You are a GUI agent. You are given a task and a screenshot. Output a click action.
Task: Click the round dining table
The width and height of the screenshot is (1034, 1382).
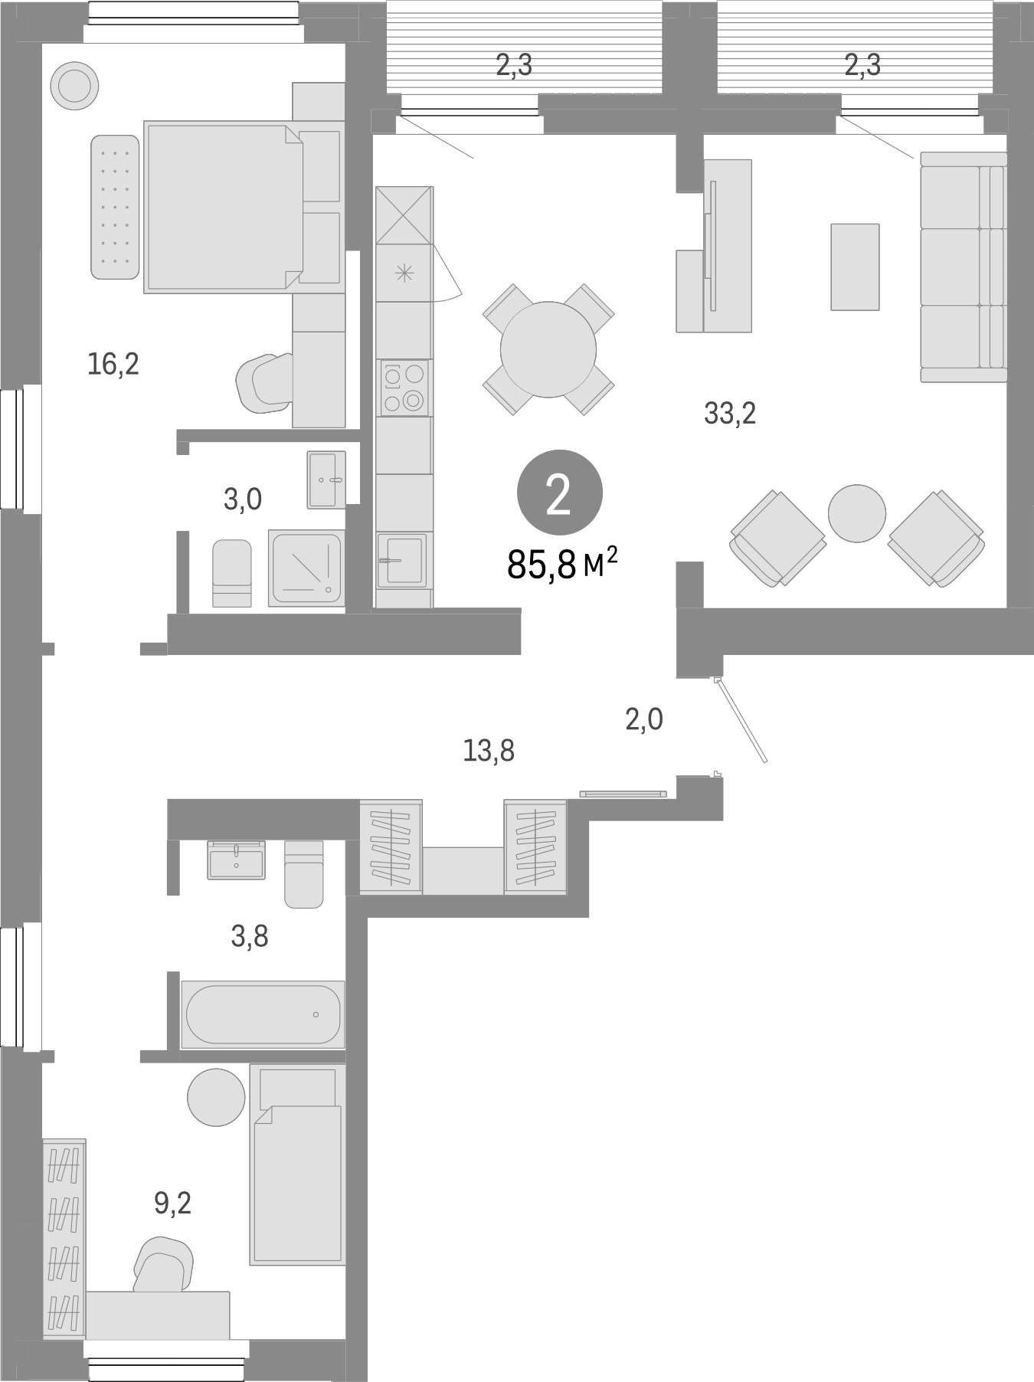548,349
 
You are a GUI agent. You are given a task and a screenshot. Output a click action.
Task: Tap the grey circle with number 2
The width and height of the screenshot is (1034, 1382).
560,494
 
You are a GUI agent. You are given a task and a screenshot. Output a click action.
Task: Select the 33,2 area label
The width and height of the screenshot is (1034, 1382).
730,414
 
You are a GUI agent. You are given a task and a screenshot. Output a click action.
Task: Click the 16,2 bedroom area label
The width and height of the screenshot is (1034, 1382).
113,365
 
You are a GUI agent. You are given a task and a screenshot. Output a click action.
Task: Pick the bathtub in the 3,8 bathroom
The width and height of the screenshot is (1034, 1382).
262,1014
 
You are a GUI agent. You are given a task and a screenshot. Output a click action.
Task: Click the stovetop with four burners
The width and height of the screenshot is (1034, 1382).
404,388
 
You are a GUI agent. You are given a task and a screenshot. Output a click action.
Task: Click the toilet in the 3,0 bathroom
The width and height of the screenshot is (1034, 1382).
231,573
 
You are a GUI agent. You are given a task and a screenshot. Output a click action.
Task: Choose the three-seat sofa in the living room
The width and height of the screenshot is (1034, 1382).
963,267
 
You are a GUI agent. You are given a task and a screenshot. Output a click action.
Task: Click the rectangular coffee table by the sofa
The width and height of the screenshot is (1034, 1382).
855,267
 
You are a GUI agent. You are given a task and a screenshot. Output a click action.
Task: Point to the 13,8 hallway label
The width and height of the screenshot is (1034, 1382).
488,752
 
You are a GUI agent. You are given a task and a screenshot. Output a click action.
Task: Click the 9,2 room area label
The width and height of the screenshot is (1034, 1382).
172,1204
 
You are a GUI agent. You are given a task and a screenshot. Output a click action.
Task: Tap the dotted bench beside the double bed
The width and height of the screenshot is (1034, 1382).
115,208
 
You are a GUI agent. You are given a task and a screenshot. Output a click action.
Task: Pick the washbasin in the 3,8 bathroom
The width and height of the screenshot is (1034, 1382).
236,858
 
